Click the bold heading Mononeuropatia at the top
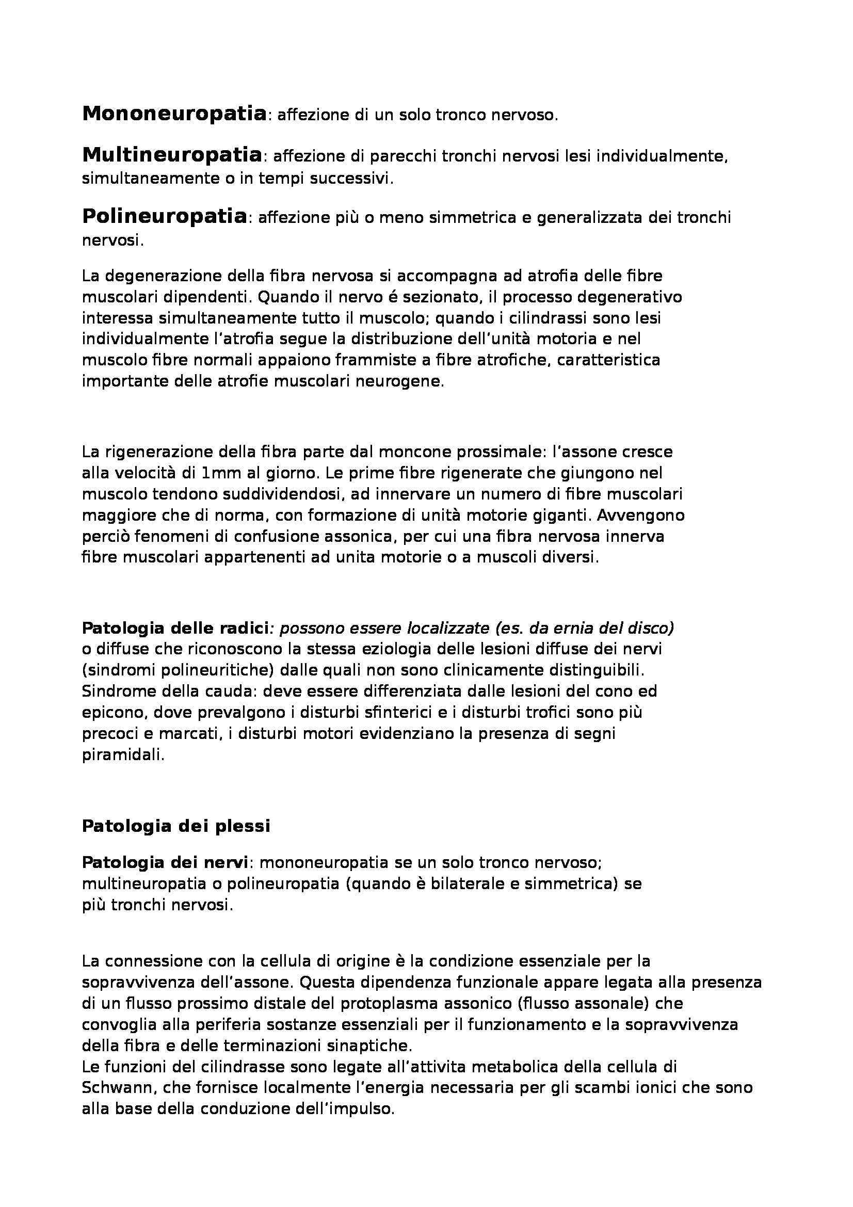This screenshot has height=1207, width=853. click(174, 114)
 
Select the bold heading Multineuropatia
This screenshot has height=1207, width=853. click(172, 155)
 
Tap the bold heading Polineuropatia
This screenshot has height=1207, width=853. click(165, 217)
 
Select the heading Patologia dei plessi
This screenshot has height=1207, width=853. click(176, 826)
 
